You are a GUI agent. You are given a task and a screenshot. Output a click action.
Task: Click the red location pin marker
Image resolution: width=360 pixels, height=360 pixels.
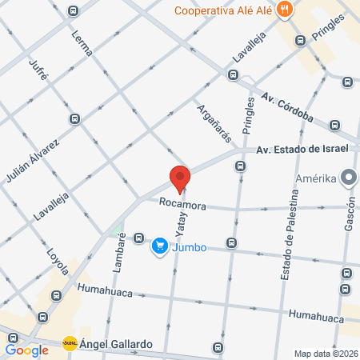pyautogui.click(x=180, y=178)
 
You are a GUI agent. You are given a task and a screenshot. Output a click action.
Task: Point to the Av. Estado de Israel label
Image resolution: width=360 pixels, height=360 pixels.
pyautogui.click(x=302, y=150)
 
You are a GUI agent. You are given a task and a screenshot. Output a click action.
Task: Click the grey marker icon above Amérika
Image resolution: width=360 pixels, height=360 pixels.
pyautogui.click(x=348, y=178)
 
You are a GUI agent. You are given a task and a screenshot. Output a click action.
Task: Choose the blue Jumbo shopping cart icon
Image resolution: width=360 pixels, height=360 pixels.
pyautogui.click(x=160, y=246)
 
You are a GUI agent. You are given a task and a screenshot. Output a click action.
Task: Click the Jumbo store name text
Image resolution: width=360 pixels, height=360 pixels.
pyautogui.click(x=190, y=247)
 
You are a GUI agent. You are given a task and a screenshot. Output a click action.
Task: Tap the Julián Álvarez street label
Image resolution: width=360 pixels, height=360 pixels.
pyautogui.click(x=46, y=155)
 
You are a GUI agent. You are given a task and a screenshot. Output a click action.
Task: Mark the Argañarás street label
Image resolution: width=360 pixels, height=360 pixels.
pyautogui.click(x=209, y=120)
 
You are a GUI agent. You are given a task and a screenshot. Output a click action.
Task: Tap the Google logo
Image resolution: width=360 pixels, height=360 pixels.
pyautogui.click(x=26, y=350)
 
